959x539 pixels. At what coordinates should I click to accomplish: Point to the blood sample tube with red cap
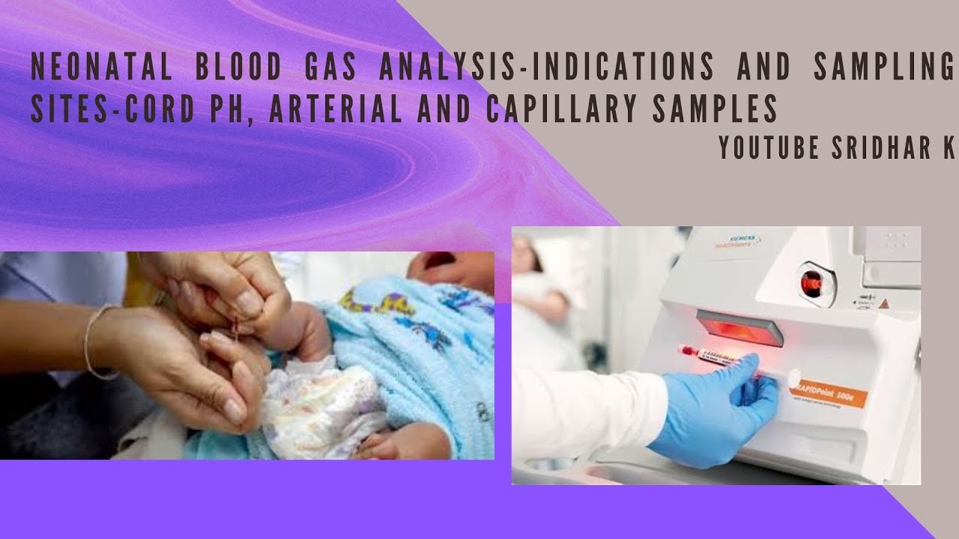point(712,356)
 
